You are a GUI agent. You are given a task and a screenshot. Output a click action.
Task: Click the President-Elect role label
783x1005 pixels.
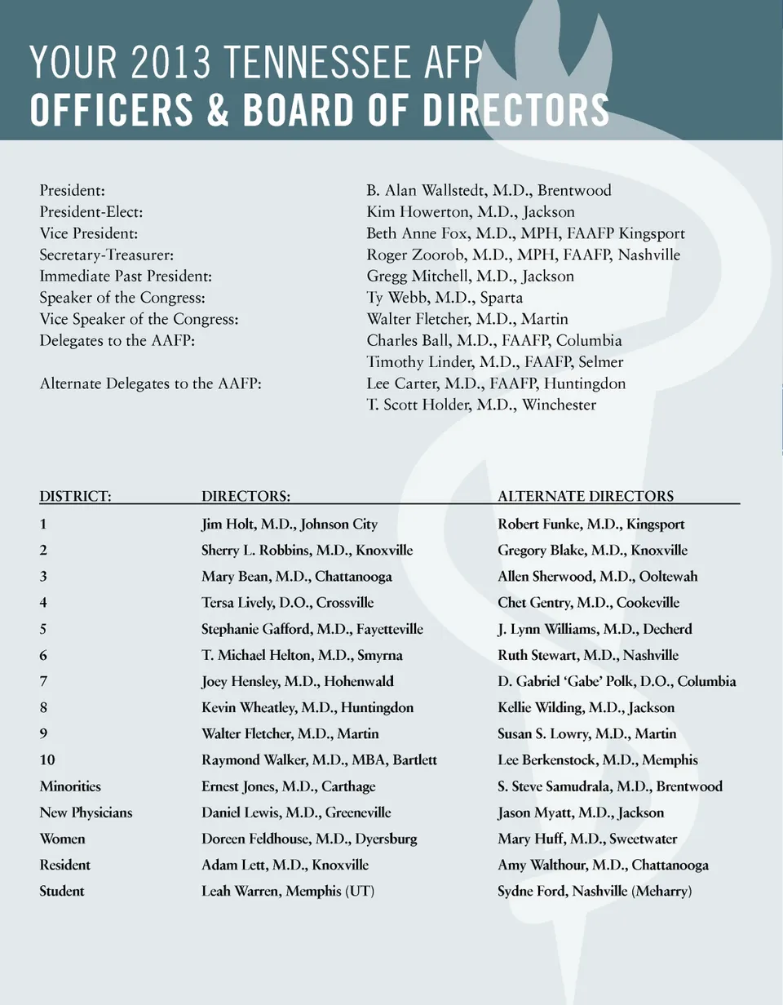tap(91, 212)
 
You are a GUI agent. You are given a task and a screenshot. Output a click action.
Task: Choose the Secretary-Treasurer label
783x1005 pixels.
tap(106, 255)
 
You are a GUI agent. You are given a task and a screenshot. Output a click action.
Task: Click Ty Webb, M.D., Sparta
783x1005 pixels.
tap(445, 298)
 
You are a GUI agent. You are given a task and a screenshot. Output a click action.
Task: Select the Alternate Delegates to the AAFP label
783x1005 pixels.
tap(151, 383)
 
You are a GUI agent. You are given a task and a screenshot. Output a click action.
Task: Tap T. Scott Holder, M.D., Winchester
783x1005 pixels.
tap(481, 405)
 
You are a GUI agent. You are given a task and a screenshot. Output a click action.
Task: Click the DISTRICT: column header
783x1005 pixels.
tap(76, 496)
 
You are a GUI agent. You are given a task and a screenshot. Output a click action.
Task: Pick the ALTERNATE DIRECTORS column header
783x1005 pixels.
tap(586, 496)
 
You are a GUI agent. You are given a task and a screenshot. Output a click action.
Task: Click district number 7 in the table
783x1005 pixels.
tap(43, 681)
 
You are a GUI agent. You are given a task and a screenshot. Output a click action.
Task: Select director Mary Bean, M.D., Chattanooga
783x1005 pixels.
tap(297, 577)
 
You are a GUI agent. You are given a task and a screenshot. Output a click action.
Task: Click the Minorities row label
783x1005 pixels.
tap(70, 786)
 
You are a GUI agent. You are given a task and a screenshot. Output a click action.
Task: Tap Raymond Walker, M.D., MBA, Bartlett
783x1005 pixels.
tap(319, 760)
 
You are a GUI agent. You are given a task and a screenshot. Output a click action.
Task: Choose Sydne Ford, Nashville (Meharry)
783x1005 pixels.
tap(595, 892)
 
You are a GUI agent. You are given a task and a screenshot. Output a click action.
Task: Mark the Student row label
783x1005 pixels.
tap(62, 892)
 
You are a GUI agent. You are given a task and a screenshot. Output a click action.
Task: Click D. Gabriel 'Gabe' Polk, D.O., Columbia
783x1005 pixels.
tap(617, 681)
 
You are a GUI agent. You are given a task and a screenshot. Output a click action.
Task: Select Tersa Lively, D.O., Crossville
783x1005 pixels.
tap(287, 603)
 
